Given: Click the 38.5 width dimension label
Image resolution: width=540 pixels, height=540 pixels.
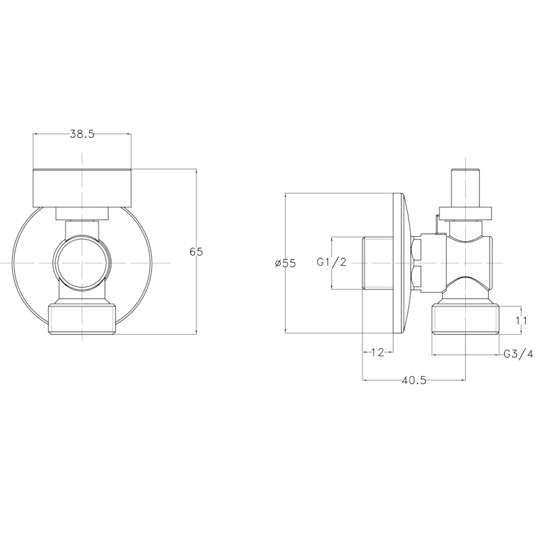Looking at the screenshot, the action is pyautogui.click(x=82, y=134).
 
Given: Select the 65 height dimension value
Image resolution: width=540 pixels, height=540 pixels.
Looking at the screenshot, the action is pyautogui.click(x=196, y=252).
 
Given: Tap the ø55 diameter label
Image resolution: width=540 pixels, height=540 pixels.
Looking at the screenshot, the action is pyautogui.click(x=286, y=263).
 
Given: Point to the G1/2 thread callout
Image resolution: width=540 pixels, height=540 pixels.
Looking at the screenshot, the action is pyautogui.click(x=331, y=263).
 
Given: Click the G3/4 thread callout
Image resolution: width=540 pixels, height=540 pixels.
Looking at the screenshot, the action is pyautogui.click(x=518, y=354).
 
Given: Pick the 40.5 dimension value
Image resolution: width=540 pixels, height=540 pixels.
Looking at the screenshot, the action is pyautogui.click(x=414, y=380).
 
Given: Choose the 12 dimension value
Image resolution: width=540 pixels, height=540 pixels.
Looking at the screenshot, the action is pyautogui.click(x=377, y=352).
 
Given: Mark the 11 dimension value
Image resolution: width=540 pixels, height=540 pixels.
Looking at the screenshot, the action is pyautogui.click(x=521, y=321).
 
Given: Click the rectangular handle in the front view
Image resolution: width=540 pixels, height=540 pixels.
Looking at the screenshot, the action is pyautogui.click(x=82, y=188).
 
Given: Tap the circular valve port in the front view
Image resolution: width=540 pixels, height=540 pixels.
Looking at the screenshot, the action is pyautogui.click(x=81, y=263).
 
